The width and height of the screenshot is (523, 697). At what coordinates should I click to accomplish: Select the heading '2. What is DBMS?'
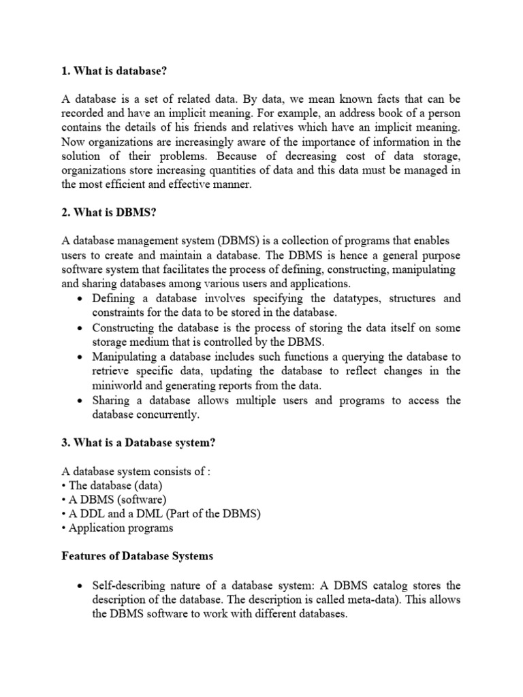tap(109, 213)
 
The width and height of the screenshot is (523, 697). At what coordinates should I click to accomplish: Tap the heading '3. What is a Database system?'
tap(138, 442)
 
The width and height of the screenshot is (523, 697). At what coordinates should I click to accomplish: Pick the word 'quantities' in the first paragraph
tap(266, 170)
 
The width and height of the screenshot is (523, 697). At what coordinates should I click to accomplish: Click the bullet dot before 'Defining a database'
tap(82, 299)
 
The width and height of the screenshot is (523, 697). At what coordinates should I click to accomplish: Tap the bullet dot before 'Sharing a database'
tap(82, 401)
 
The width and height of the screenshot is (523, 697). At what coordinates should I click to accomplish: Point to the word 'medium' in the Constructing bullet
tap(152, 342)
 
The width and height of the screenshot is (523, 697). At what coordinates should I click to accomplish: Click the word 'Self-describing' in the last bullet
tap(128, 585)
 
